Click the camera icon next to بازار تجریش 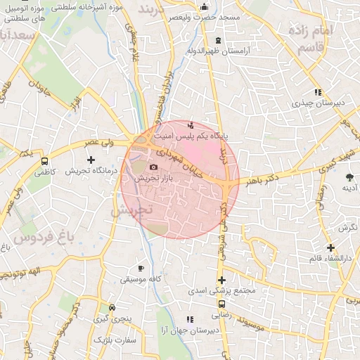point(154,167)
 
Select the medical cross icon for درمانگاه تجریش point(91,160)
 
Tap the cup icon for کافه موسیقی point(141,269)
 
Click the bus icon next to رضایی point(222,304)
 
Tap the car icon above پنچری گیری point(112,308)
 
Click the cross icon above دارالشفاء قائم point(330,247)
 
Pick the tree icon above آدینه point(349,177)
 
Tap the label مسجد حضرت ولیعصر point(205,15)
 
